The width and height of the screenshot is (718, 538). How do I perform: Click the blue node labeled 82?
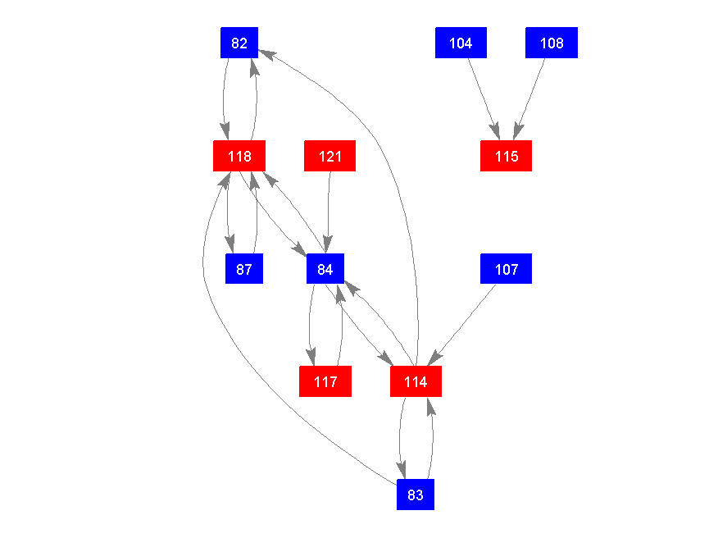tap(239, 43)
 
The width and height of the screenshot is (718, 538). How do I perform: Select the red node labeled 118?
tap(239, 156)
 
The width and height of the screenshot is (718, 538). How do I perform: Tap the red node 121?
tap(329, 156)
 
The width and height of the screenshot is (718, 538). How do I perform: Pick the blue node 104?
tap(461, 43)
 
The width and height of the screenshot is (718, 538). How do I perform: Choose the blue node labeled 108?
tap(552, 43)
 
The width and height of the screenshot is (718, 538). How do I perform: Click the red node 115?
tap(506, 156)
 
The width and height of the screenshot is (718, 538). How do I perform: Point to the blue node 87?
tap(243, 269)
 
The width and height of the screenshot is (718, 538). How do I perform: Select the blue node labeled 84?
tap(325, 269)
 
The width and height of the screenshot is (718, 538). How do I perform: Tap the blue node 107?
tap(506, 269)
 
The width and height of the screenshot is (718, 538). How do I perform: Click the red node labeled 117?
tap(325, 381)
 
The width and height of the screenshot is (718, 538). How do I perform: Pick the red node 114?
tap(416, 381)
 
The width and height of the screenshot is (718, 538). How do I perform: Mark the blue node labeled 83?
tap(416, 495)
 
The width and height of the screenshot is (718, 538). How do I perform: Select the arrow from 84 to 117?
tap(311, 324)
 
